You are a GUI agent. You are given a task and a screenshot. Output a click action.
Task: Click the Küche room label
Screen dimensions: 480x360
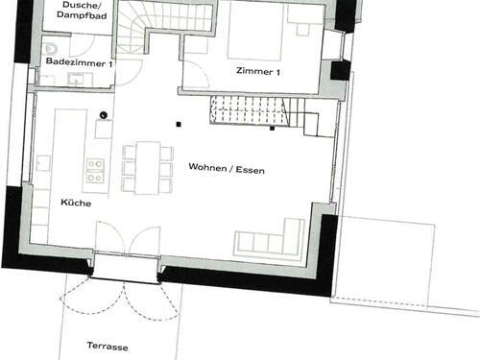[76, 203]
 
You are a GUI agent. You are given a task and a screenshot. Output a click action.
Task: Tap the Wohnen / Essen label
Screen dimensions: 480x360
[227, 168]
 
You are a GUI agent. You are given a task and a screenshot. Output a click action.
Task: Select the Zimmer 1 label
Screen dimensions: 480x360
[258, 71]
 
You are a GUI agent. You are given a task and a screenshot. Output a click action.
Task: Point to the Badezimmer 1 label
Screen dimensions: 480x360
[79, 62]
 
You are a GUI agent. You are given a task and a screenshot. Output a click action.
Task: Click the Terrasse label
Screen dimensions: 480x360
[108, 347]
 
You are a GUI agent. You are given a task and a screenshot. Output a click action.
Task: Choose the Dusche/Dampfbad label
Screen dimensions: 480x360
[82, 11]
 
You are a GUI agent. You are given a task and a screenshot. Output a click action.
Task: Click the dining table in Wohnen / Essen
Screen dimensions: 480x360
[148, 168]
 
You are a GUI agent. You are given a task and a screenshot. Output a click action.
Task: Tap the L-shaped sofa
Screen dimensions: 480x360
[270, 238]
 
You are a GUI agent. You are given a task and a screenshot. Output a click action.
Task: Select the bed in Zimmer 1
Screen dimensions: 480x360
[255, 34]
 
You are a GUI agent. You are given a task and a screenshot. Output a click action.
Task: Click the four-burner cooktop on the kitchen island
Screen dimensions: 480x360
[95, 171]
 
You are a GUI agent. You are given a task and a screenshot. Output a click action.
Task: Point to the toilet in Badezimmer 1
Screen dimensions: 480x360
[51, 49]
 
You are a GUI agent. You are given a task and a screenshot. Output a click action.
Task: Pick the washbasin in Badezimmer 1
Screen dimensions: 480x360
[76, 80]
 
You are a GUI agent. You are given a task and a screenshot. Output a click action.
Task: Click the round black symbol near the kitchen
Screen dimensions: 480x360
[104, 115]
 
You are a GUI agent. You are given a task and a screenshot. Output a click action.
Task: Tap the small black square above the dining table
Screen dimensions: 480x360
[179, 125]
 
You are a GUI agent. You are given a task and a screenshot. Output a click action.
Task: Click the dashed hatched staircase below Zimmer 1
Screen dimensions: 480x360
[250, 110]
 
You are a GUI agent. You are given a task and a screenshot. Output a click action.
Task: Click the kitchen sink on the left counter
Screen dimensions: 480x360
[43, 163]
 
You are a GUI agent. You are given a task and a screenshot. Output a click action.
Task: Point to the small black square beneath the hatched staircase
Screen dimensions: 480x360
[272, 129]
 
